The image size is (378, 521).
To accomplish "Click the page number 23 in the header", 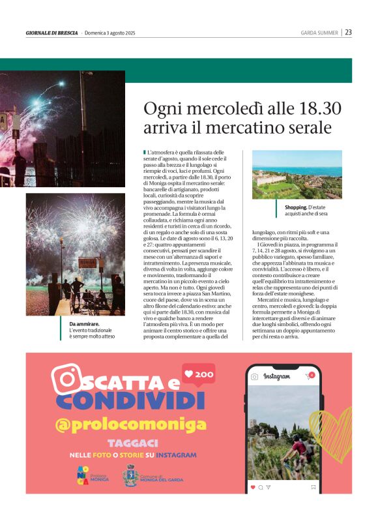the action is tap(349, 32).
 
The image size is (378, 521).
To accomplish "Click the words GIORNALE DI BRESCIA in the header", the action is tap(51, 33).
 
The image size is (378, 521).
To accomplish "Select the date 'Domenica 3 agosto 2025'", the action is tap(113, 33).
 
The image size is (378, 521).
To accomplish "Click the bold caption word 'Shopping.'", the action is tap(296, 207).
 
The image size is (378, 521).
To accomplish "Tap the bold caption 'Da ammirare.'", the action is tap(84, 324).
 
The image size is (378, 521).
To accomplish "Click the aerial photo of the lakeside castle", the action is tap(297, 175).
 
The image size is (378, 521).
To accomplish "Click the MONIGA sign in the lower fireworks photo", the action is tap(87, 263).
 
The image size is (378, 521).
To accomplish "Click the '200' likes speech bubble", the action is tap(199, 376).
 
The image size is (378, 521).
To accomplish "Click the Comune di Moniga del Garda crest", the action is tap(130, 476).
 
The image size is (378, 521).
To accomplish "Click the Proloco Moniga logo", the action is tap(83, 476).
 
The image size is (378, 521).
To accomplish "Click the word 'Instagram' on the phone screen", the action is tap(276, 377).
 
